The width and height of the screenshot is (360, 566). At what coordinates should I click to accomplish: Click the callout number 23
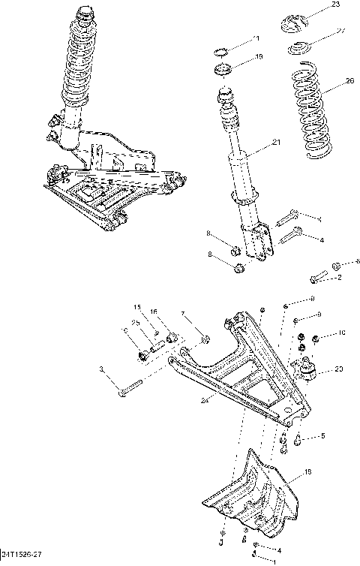pyautogui.click(x=335, y=5)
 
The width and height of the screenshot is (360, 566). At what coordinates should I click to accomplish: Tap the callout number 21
pyautogui.click(x=276, y=143)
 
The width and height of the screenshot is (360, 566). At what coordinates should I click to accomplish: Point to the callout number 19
pyautogui.click(x=259, y=57)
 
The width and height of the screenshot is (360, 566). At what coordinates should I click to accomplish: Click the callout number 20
pyautogui.click(x=339, y=369)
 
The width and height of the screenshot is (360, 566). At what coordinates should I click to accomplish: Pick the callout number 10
pyautogui.click(x=341, y=333)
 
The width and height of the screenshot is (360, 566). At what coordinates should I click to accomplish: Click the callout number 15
pyautogui.click(x=138, y=307)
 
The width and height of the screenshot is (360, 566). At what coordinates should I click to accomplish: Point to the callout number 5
pyautogui.click(x=322, y=436)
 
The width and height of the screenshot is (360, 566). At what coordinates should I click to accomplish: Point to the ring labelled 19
pyautogui.click(x=223, y=71)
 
